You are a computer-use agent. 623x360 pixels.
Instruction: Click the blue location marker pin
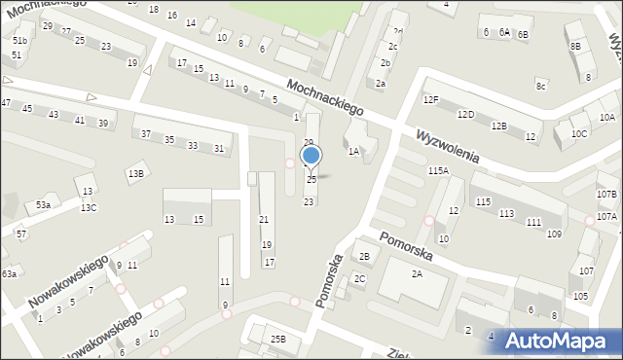click(311, 156)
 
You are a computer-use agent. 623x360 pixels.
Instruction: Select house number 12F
click(431, 99)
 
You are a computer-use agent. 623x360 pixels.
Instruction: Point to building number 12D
click(465, 115)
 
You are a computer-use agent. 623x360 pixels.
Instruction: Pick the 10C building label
click(579, 133)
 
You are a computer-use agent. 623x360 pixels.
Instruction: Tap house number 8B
click(575, 47)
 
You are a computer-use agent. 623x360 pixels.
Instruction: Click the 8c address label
click(540, 86)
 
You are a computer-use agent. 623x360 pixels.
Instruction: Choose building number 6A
click(504, 32)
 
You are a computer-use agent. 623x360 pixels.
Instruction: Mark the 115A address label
click(438, 170)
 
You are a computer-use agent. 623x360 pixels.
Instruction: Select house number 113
click(506, 213)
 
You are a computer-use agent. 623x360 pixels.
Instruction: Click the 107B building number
click(606, 195)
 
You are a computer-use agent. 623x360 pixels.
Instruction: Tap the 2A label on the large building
click(417, 274)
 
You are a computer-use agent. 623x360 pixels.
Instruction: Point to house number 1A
click(354, 151)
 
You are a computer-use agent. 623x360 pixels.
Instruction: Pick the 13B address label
click(135, 173)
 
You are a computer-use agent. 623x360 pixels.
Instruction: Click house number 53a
click(43, 205)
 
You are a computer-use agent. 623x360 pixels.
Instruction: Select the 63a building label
click(9, 274)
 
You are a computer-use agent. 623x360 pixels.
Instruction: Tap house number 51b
click(19, 41)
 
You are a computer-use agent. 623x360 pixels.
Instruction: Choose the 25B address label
click(278, 339)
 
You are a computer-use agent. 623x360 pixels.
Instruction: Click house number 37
click(145, 134)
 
